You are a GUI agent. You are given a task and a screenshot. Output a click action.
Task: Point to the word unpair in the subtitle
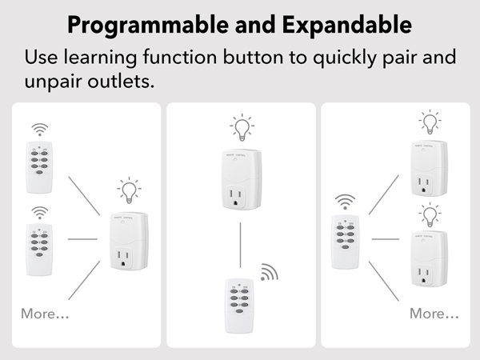(x=55, y=83)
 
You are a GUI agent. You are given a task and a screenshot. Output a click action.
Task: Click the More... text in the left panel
(x=45, y=314)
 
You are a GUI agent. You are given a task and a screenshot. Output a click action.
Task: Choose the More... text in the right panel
(x=434, y=314)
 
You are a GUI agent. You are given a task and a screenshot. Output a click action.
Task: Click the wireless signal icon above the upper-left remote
(x=39, y=130)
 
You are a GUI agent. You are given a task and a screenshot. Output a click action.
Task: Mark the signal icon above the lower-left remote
(x=39, y=212)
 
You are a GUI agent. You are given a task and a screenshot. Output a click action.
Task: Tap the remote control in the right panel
(x=345, y=240)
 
